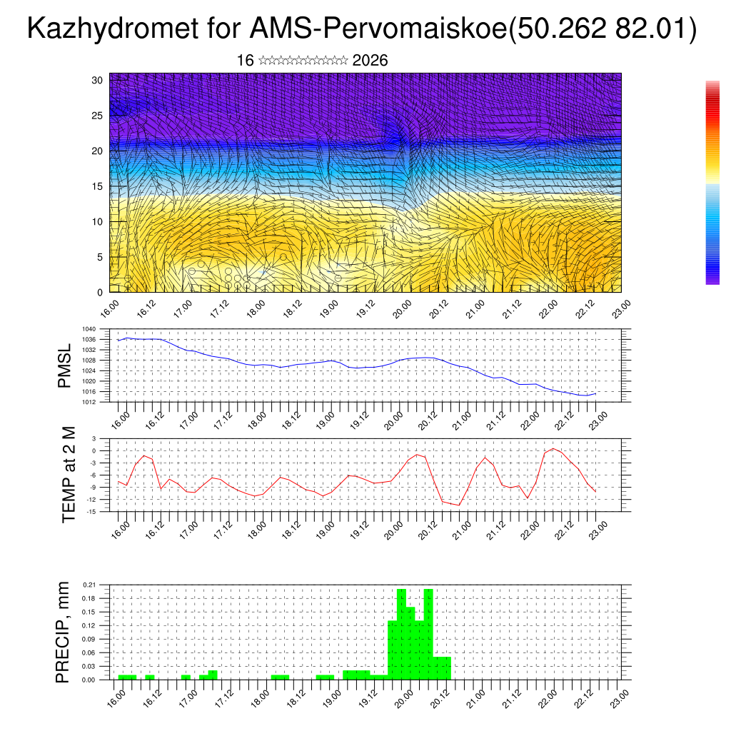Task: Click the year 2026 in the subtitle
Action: [x=370, y=61]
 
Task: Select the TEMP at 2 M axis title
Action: [x=69, y=475]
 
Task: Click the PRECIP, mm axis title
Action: [x=64, y=632]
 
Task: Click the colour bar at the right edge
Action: [x=712, y=183]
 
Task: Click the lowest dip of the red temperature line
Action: [x=458, y=505]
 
